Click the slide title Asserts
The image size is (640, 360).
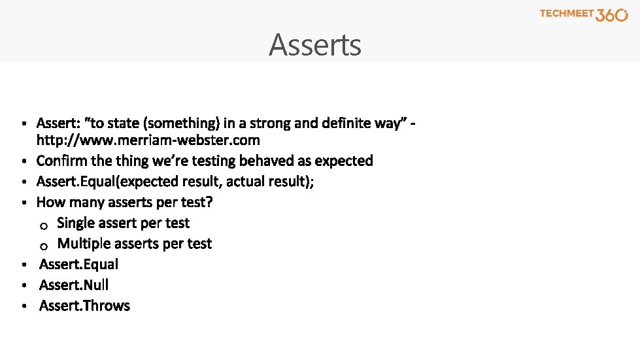pyautogui.click(x=314, y=45)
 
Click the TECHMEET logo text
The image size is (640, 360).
pyautogui.click(x=567, y=14)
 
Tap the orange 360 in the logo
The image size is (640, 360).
pyautogui.click(x=612, y=15)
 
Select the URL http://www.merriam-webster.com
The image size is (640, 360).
pyautogui.click(x=148, y=140)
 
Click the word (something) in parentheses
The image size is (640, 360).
pyautogui.click(x=181, y=123)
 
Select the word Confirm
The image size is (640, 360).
pyautogui.click(x=62, y=161)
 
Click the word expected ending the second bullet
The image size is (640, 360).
pyautogui.click(x=344, y=161)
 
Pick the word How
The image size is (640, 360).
pyautogui.click(x=50, y=202)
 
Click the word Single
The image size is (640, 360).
pyautogui.click(x=76, y=223)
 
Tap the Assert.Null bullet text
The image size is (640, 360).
pyautogui.click(x=74, y=285)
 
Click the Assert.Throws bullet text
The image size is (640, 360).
pyautogui.click(x=84, y=306)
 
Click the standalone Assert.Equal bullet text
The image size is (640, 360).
pyautogui.click(x=78, y=264)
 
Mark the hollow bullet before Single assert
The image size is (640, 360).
pyautogui.click(x=42, y=226)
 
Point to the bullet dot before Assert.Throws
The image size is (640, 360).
pyautogui.click(x=23, y=306)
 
